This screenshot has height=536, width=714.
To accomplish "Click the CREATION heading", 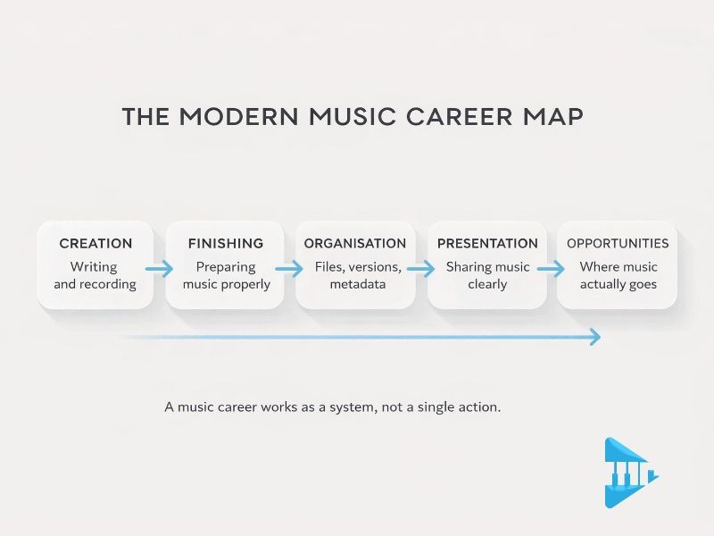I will point(95,243).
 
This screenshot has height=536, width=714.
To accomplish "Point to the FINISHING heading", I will point(226,243).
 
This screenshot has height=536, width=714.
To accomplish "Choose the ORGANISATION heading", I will point(355,243).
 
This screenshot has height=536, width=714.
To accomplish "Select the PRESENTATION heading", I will point(487,243).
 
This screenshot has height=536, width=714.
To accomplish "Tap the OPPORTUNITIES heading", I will point(618,243).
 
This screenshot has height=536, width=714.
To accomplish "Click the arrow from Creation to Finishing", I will point(160,268).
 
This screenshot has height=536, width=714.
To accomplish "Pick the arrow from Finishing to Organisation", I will point(290,268).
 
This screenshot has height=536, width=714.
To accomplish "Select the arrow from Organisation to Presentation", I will point(420,268).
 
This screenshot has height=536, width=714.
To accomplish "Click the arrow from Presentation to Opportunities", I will point(551,268).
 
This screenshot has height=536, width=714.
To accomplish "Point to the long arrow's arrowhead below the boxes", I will point(594,337).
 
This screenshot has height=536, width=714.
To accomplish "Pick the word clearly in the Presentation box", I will point(487,284).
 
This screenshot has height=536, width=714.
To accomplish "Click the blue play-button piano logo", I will point(629,473).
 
